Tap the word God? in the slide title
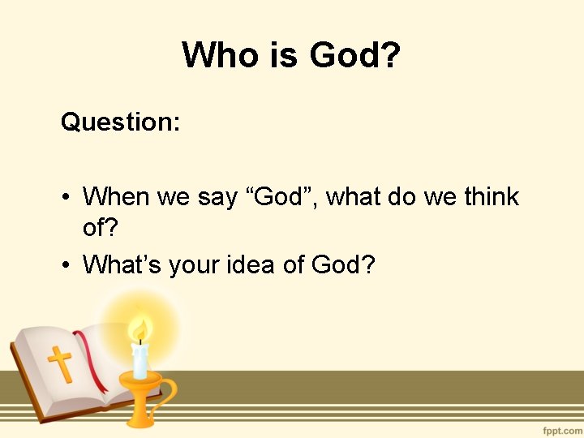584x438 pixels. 355,55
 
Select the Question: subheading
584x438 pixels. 120,122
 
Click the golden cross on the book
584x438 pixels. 59,364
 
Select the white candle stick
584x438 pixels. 140,362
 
